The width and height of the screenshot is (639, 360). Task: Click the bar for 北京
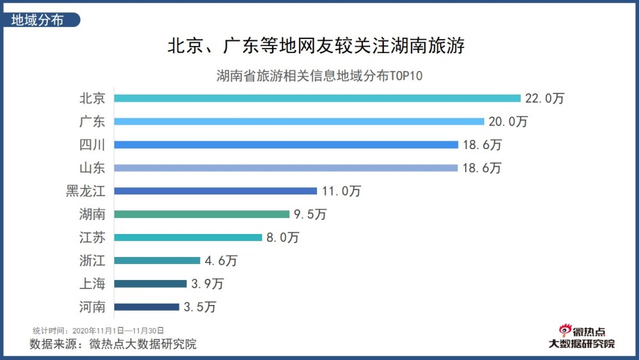point(318,98)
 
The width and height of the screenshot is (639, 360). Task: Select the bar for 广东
point(299,121)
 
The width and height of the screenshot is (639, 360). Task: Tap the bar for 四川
point(286,145)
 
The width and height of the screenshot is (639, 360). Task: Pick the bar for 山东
point(286,168)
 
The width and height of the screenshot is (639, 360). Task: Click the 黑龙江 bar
point(215,191)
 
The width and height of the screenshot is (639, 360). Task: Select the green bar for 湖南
point(202,214)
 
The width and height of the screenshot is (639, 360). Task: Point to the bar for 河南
point(146,307)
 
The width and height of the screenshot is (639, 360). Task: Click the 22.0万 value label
point(545,98)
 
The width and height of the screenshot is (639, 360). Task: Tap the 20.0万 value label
point(508,121)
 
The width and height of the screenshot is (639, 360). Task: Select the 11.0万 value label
point(341,191)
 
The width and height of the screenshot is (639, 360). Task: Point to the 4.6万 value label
point(220,260)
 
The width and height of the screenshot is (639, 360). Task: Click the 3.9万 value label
point(207,283)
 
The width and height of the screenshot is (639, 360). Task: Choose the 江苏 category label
point(92,237)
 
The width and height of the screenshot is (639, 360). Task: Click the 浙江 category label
point(92,260)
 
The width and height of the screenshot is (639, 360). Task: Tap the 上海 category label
point(92,283)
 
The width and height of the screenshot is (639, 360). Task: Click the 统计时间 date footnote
point(98,331)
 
